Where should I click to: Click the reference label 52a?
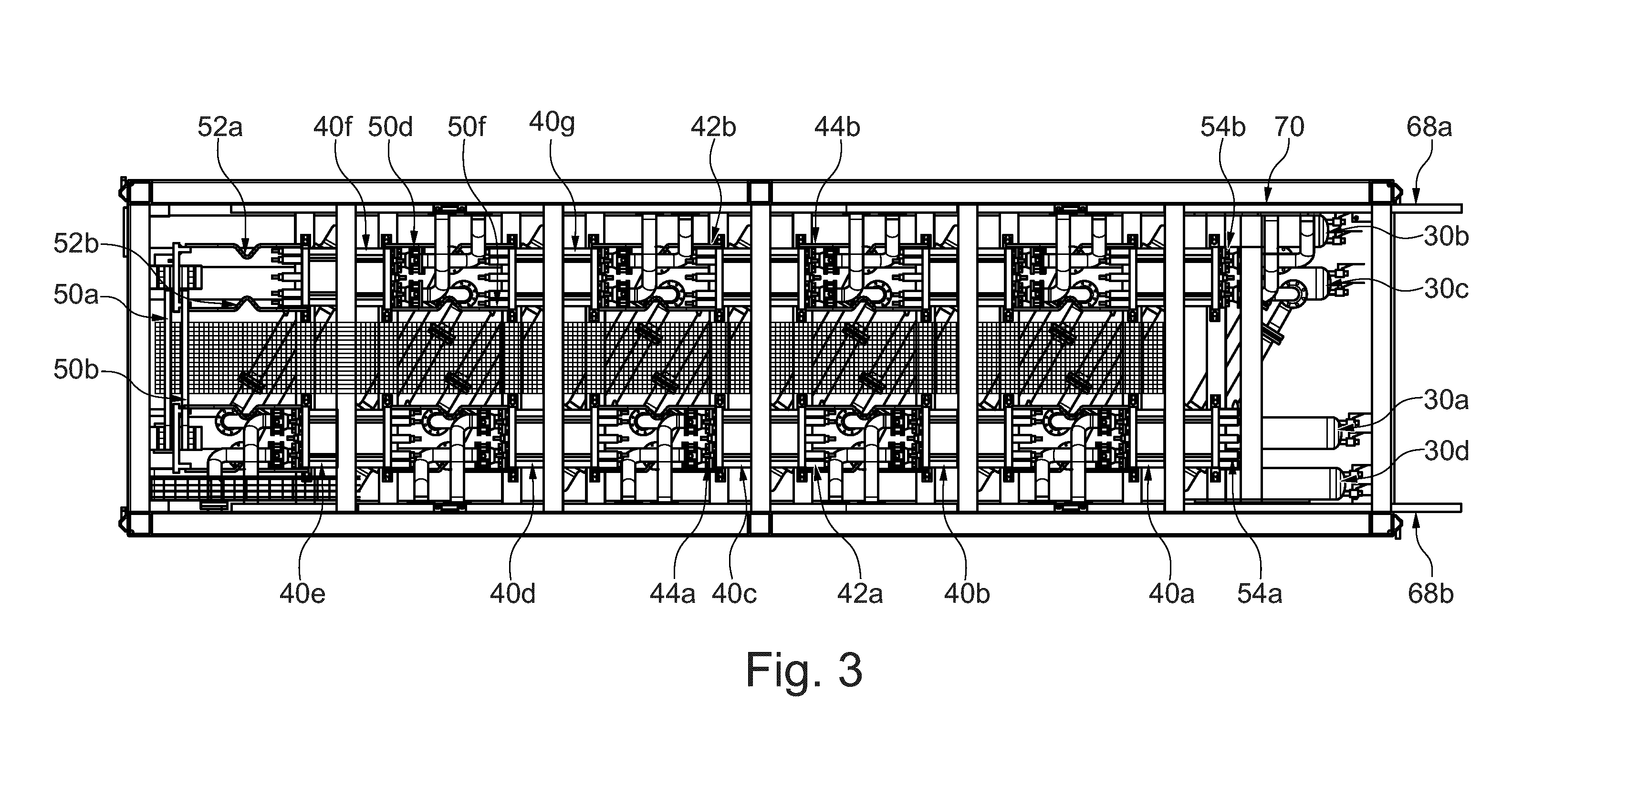click(220, 127)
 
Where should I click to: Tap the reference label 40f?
click(332, 127)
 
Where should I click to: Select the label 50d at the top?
click(390, 127)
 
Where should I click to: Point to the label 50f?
click(467, 127)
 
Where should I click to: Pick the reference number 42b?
click(713, 127)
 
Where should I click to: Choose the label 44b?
click(837, 127)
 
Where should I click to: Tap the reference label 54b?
click(1223, 127)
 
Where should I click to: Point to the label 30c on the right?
click(1446, 289)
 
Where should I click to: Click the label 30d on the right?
click(1446, 451)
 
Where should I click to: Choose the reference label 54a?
click(1260, 594)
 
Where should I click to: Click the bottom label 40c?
click(734, 594)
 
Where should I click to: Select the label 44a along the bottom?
click(672, 594)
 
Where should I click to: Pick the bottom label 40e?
click(302, 594)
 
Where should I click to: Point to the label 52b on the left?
click(76, 244)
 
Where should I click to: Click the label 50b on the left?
click(76, 370)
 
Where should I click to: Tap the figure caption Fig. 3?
click(804, 671)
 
